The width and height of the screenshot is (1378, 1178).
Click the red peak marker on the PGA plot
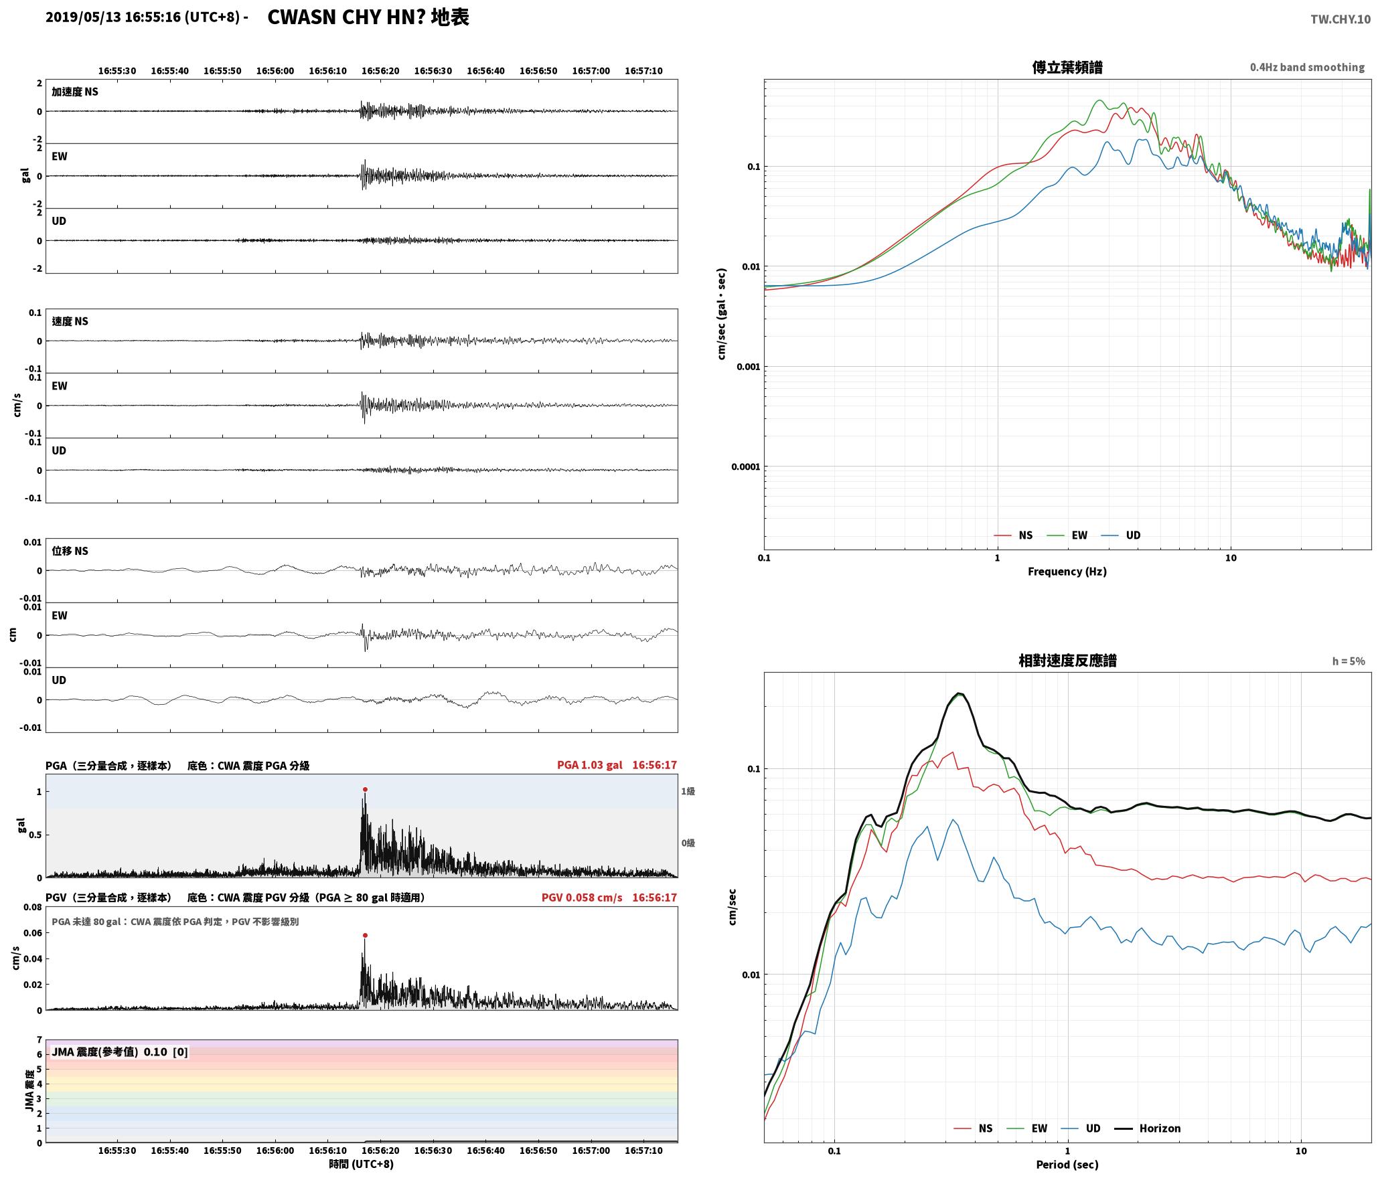(x=365, y=790)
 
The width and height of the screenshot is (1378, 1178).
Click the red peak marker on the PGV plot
(x=365, y=935)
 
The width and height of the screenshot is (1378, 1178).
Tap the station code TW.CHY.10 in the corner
(x=1341, y=19)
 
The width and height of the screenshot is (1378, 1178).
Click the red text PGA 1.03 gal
(x=589, y=764)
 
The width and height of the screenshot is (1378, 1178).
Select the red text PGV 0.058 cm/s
(x=582, y=897)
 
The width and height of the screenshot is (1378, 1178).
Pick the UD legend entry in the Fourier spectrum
(x=1121, y=535)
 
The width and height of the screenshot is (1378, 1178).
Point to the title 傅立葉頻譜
(x=1067, y=67)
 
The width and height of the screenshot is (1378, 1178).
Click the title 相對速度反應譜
(x=1067, y=661)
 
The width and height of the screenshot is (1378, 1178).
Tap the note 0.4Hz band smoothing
(x=1307, y=68)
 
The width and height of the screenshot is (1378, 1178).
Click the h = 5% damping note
(x=1348, y=661)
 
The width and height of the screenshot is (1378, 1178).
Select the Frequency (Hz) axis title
(x=1067, y=572)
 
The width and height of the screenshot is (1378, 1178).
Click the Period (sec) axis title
(x=1067, y=1165)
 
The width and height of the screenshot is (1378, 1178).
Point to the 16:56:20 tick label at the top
(x=380, y=71)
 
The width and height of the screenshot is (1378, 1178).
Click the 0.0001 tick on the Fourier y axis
(x=745, y=467)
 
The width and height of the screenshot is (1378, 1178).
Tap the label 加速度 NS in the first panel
(x=75, y=92)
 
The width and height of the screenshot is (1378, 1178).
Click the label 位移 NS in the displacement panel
(x=70, y=551)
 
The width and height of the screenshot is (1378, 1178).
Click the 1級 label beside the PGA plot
(x=688, y=791)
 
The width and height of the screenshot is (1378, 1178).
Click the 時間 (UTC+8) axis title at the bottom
(x=361, y=1164)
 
